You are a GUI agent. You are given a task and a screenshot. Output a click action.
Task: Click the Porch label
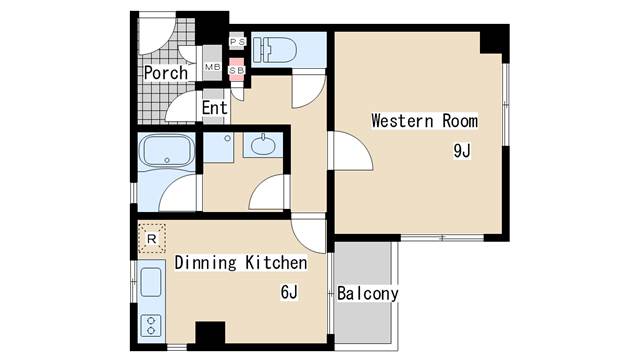(166, 73)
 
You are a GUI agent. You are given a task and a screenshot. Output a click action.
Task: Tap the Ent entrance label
(215, 108)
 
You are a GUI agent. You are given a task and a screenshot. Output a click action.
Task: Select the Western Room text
(424, 121)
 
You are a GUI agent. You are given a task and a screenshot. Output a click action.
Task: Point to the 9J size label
(462, 151)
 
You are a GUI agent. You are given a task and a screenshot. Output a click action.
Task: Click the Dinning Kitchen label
(241, 262)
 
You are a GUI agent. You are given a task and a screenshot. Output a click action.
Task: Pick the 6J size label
(289, 292)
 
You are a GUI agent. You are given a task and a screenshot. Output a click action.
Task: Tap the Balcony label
(367, 293)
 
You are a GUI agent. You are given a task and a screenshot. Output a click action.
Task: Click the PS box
(237, 42)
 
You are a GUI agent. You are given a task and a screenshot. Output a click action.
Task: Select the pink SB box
(237, 69)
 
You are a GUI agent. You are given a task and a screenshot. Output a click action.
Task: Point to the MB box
(212, 67)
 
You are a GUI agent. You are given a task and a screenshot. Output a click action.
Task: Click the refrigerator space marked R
(151, 238)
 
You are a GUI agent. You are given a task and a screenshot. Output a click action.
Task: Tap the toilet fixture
(274, 50)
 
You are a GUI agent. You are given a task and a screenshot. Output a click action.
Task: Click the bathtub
(167, 150)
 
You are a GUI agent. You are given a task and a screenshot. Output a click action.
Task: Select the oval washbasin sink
(263, 145)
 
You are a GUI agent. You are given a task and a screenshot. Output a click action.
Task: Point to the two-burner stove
(151, 325)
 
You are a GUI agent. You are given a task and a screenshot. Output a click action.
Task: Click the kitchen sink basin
(151, 282)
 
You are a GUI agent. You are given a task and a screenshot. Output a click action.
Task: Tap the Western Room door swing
(353, 150)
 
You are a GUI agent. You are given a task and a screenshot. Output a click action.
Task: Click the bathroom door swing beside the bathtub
(178, 193)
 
